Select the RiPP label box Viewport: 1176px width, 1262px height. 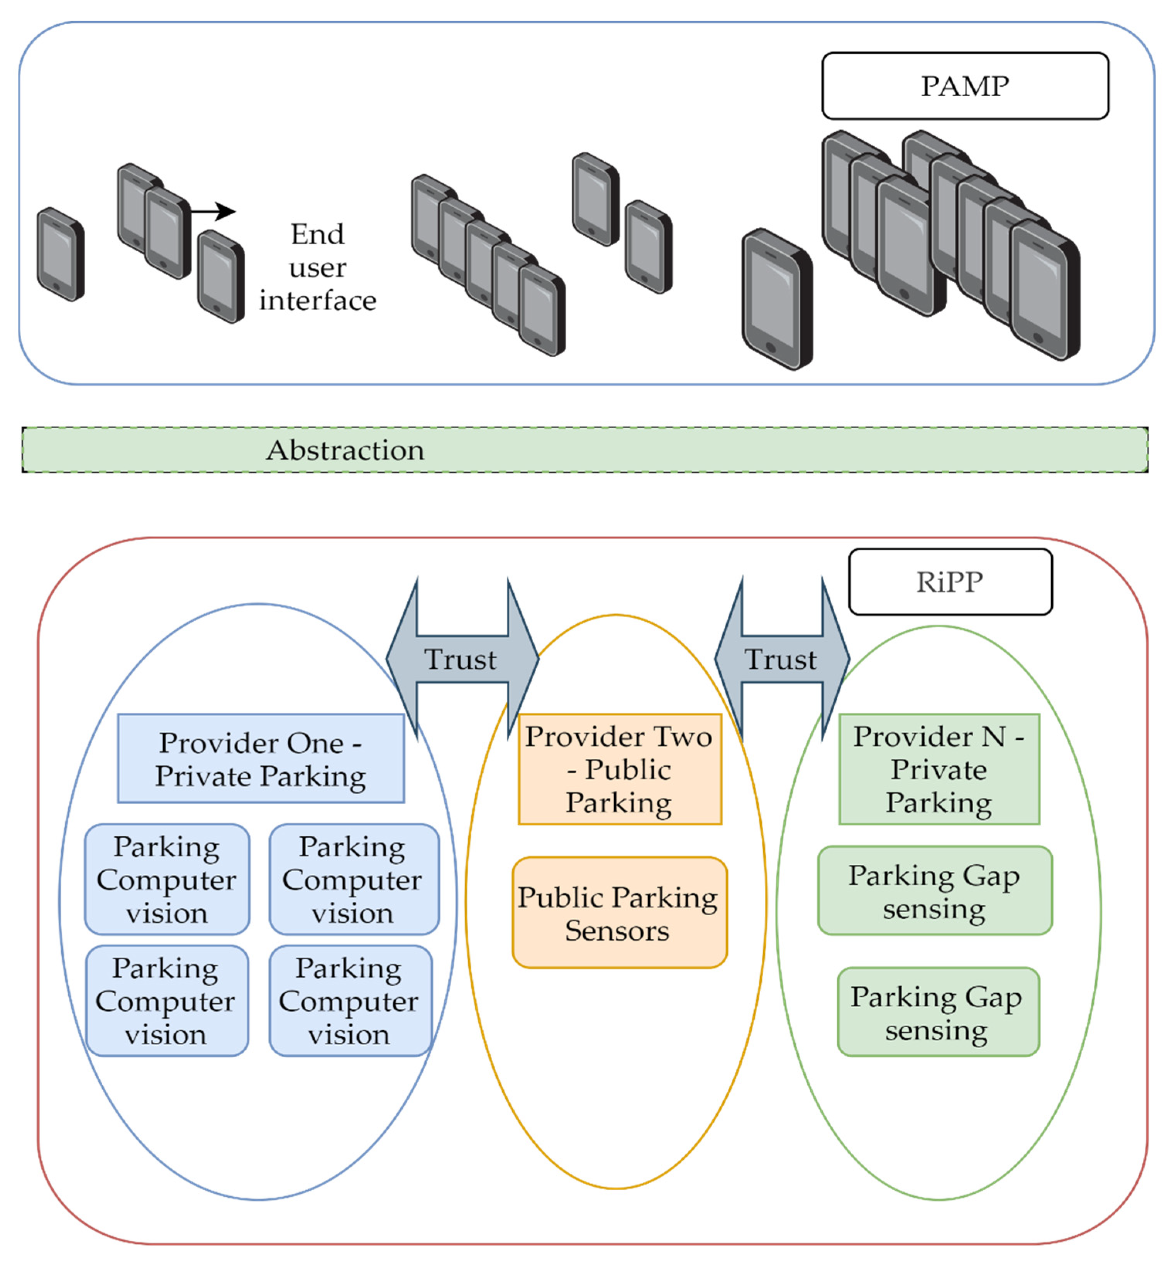950,581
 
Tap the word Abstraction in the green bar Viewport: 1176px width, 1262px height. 345,450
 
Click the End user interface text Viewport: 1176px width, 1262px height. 317,267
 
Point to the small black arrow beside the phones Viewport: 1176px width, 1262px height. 213,212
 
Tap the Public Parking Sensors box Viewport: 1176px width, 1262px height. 620,913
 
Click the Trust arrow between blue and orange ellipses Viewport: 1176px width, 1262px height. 462,659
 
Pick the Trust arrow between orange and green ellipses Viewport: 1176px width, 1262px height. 782,659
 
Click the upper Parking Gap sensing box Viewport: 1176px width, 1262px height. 935,891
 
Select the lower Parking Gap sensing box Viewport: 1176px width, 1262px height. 938,1012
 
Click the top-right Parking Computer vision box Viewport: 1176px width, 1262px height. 354,880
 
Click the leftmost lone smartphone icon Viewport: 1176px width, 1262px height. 60,254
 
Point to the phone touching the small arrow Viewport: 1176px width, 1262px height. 168,232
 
